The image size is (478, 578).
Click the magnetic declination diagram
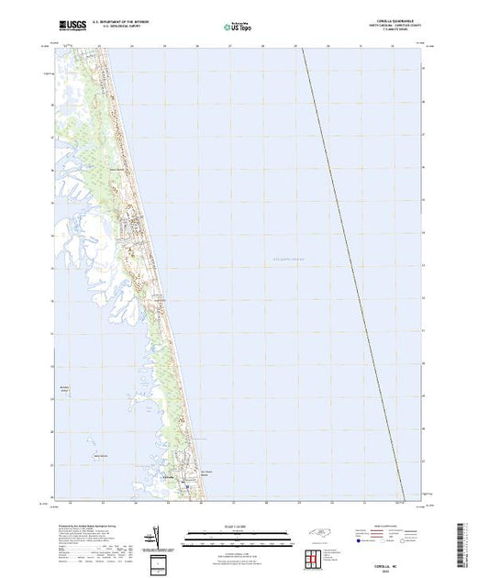click(x=158, y=558)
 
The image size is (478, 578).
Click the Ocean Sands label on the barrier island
click(x=192, y=476)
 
